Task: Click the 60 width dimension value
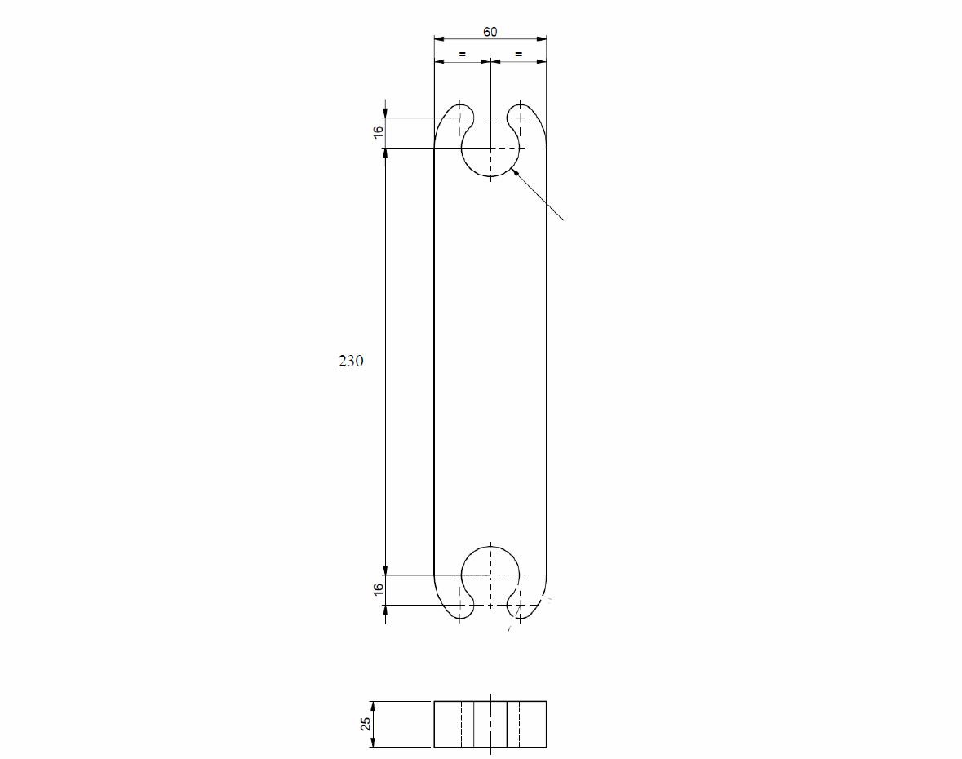(x=490, y=32)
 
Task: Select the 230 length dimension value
(x=351, y=361)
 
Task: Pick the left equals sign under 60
(x=463, y=55)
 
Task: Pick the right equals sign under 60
(x=518, y=55)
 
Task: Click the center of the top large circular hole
(x=490, y=148)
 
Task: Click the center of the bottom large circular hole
(x=490, y=575)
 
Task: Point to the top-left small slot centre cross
(x=460, y=118)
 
